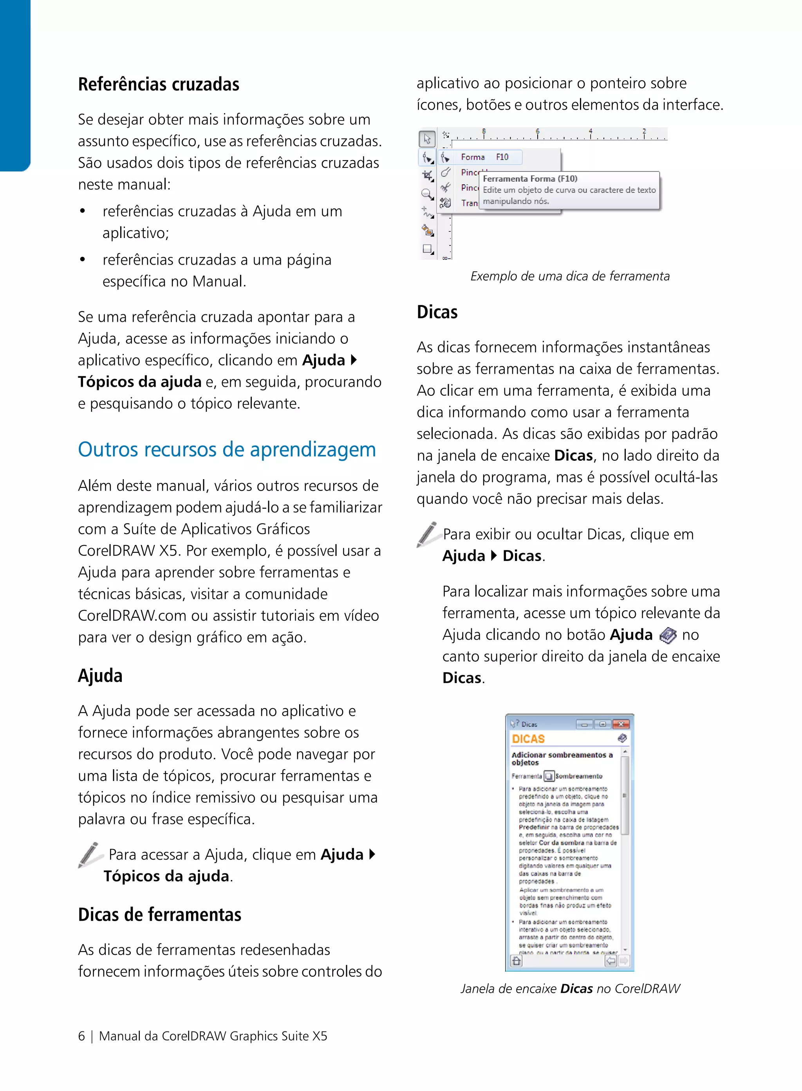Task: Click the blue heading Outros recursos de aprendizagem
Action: click(227, 449)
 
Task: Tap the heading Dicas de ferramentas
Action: click(159, 914)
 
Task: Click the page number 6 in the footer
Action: click(81, 1036)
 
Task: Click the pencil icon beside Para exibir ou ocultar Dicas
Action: click(428, 534)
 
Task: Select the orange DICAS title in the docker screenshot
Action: click(528, 739)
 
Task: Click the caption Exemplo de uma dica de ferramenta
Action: click(569, 276)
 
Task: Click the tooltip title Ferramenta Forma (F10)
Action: click(530, 179)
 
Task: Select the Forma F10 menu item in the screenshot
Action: click(484, 157)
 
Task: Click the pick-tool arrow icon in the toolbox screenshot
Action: click(427, 139)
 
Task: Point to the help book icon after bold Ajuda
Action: click(668, 635)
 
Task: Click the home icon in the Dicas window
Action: click(516, 961)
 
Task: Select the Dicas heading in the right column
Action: click(437, 312)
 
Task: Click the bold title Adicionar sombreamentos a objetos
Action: click(562, 759)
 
